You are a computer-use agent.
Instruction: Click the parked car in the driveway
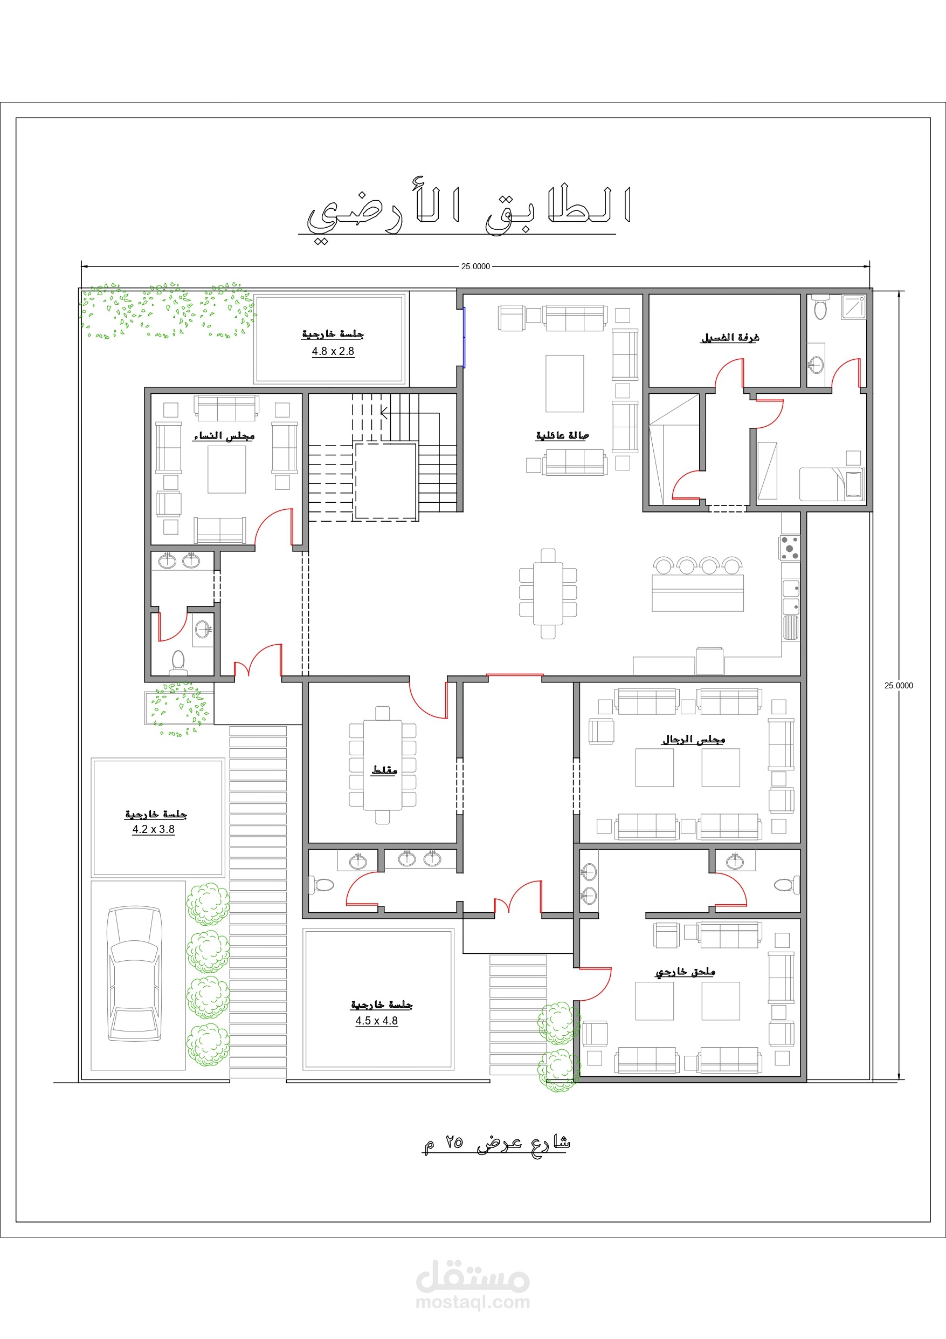[x=135, y=973]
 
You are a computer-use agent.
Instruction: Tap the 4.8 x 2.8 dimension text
[x=333, y=351]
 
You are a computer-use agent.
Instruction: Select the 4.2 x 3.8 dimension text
[x=153, y=829]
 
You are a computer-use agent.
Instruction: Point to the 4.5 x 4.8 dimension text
[x=377, y=1021]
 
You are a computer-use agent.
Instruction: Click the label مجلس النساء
[x=223, y=436]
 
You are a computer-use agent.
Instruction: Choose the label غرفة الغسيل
[x=730, y=338]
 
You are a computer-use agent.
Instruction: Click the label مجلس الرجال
[x=694, y=740]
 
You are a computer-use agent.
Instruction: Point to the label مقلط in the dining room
[x=384, y=770]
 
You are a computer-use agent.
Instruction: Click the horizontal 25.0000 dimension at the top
[x=475, y=267]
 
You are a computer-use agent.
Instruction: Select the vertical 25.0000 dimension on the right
[x=899, y=685]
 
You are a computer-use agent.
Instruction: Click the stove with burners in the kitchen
[x=790, y=548]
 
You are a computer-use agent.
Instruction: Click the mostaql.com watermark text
[x=473, y=1302]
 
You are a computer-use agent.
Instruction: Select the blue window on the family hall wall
[x=464, y=337]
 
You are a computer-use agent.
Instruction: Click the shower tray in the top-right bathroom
[x=854, y=307]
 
